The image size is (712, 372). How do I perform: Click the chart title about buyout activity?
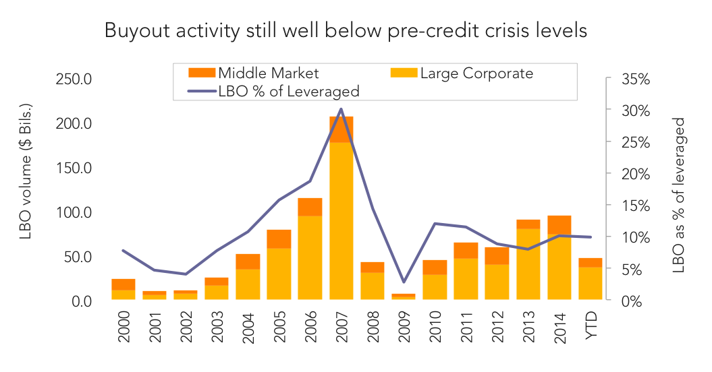pyautogui.click(x=346, y=31)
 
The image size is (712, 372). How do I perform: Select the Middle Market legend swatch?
pyautogui.click(x=202, y=73)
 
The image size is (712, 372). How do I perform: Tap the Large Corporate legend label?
pyautogui.click(x=476, y=73)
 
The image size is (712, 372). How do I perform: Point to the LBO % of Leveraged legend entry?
pyautogui.click(x=274, y=91)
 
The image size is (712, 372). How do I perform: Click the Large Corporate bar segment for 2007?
pyautogui.click(x=341, y=220)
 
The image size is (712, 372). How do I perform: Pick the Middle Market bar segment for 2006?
pyautogui.click(x=310, y=207)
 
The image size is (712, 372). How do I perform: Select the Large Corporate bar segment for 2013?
pyautogui.click(x=528, y=264)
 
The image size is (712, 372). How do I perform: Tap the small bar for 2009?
pyautogui.click(x=404, y=297)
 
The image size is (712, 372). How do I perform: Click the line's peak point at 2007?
pyautogui.click(x=341, y=109)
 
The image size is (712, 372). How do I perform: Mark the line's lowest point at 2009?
pyautogui.click(x=404, y=282)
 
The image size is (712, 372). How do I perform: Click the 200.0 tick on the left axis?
pyautogui.click(x=74, y=123)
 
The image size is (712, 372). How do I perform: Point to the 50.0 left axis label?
pyautogui.click(x=78, y=257)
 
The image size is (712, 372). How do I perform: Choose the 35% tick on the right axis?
pyautogui.click(x=636, y=80)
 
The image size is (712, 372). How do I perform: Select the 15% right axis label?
pyautogui.click(x=636, y=206)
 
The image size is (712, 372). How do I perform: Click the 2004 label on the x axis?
pyautogui.click(x=248, y=327)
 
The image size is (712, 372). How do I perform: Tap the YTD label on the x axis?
pyautogui.click(x=591, y=325)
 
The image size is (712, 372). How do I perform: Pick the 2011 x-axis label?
pyautogui.click(x=466, y=327)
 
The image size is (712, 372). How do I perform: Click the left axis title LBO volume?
pyautogui.click(x=26, y=171)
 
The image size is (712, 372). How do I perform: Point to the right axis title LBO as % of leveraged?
pyautogui.click(x=678, y=195)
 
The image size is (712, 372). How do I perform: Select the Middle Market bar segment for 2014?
pyautogui.click(x=559, y=225)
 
